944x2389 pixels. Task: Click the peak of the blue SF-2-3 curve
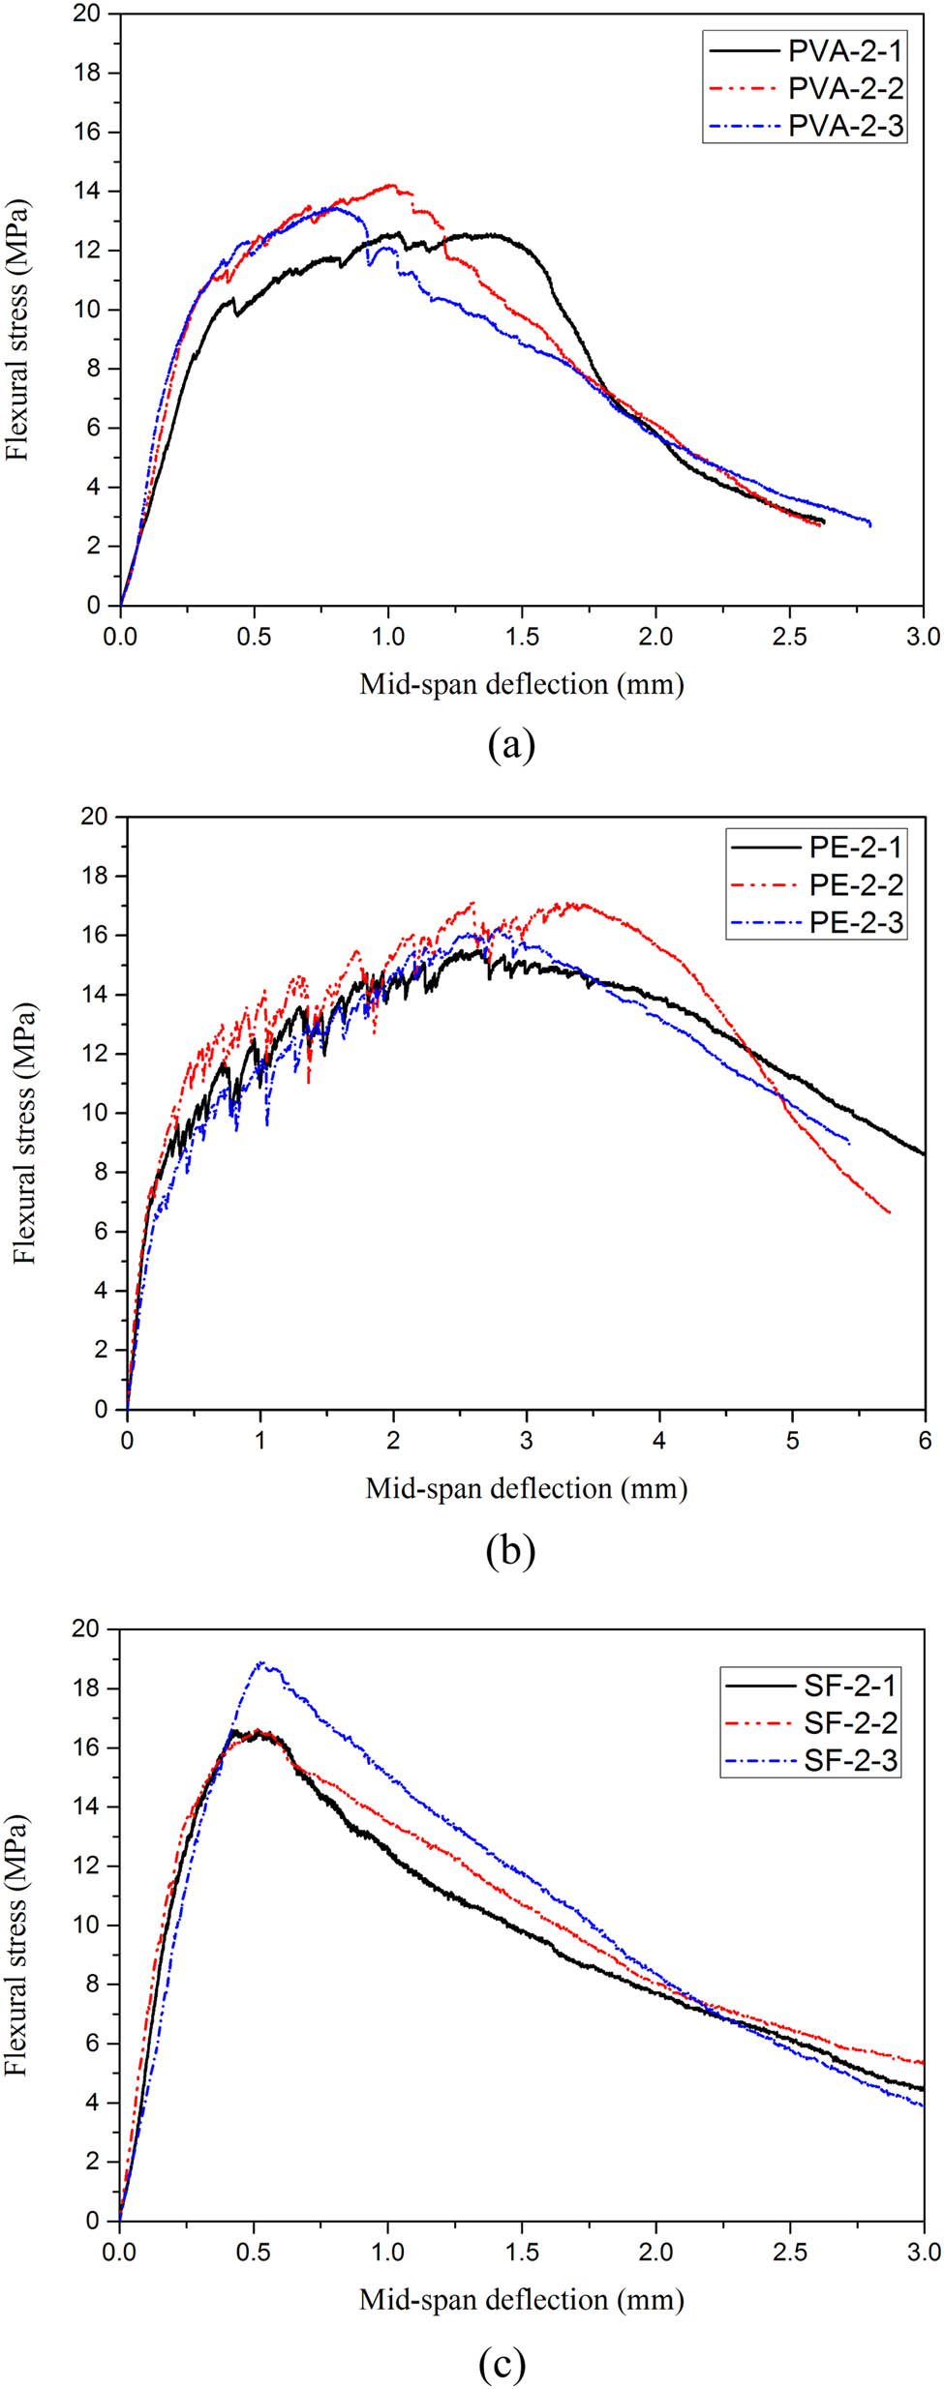(260, 1663)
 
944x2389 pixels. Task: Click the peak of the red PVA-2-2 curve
(390, 185)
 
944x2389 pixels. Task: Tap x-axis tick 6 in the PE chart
(925, 1441)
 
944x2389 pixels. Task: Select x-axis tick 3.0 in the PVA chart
(923, 637)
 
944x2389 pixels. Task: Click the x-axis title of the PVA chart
(521, 684)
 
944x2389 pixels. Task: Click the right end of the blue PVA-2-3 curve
(870, 524)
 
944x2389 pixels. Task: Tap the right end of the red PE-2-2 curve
(889, 1211)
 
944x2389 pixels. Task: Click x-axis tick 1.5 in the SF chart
(522, 2252)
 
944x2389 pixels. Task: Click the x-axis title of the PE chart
(526, 1488)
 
